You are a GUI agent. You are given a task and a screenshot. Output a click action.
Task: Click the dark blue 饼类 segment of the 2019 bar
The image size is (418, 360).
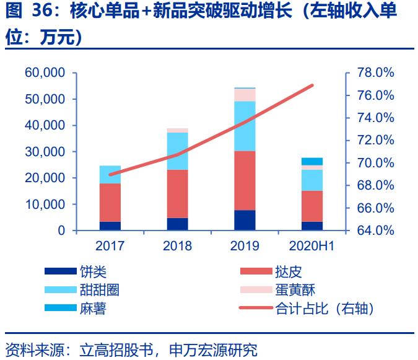click(x=245, y=220)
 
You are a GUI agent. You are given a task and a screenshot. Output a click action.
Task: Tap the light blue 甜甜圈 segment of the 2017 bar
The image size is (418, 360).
click(x=110, y=175)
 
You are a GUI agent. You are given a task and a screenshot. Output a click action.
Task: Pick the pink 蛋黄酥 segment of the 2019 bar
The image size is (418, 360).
click(x=245, y=95)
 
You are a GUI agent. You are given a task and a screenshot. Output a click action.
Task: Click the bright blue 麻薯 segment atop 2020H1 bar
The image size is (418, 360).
click(x=311, y=161)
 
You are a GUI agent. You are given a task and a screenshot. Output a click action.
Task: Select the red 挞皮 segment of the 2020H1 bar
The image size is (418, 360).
click(x=311, y=206)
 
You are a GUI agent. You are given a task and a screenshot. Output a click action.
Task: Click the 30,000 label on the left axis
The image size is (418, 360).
click(x=45, y=152)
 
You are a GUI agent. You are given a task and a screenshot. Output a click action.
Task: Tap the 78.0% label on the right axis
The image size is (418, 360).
click(x=377, y=73)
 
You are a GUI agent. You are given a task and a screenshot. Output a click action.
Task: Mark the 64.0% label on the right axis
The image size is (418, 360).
click(x=377, y=230)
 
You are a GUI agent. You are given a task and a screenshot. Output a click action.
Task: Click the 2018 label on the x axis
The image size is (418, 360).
click(x=177, y=246)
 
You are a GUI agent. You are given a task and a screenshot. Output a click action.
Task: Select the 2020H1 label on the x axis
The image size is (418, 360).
click(x=311, y=246)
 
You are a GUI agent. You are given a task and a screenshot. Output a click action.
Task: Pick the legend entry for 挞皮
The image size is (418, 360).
click(x=289, y=272)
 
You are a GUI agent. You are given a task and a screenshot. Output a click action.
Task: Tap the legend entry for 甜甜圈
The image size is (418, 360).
click(x=99, y=290)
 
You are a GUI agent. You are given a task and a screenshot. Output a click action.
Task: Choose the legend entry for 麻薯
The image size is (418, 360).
click(x=93, y=308)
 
